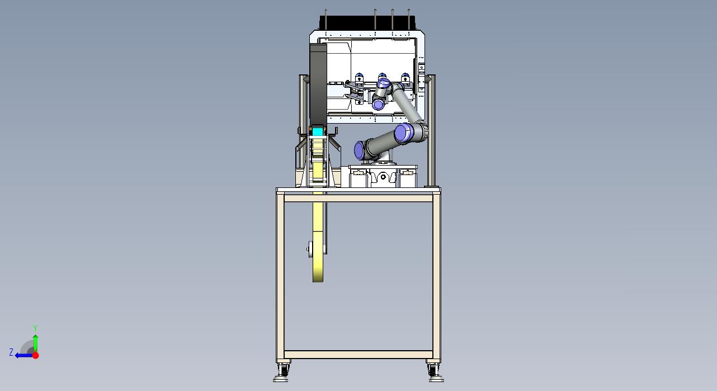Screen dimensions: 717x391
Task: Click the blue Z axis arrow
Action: pyautogui.click(x=24, y=355)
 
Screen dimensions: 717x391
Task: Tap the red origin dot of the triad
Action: pyautogui.click(x=36, y=355)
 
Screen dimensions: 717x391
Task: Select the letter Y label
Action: pyautogui.click(x=35, y=328)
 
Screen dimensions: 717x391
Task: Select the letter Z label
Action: pyautogui.click(x=11, y=352)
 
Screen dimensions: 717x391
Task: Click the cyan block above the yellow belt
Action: pyautogui.click(x=318, y=131)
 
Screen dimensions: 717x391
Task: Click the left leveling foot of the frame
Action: pyautogui.click(x=281, y=374)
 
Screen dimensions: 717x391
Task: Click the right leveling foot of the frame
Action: pyautogui.click(x=436, y=374)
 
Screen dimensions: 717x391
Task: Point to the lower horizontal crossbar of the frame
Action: pyautogui.click(x=358, y=355)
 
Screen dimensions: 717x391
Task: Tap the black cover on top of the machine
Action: pyautogui.click(x=367, y=23)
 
